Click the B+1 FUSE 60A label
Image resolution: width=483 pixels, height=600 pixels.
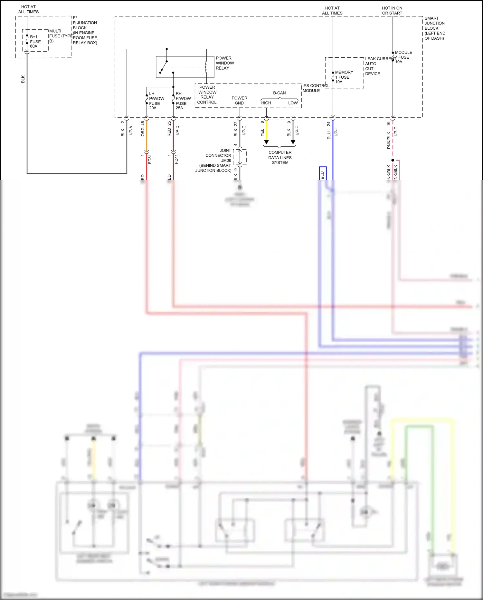35,42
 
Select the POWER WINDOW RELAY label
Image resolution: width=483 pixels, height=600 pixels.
225,63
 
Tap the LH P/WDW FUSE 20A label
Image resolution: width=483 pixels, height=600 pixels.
156,101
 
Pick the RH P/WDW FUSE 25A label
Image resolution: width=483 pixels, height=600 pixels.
183,101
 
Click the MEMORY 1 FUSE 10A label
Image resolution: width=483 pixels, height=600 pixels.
344,77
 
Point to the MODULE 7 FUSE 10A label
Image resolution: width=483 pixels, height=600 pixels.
403,57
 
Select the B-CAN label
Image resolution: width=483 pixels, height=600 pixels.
279,93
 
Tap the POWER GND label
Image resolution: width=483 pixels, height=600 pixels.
239,101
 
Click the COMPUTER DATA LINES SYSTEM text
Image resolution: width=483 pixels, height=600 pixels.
280,157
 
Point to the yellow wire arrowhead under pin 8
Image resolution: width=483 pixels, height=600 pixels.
266,142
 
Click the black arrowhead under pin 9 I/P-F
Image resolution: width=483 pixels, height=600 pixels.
293,142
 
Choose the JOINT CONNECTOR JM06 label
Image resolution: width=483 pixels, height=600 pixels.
218,155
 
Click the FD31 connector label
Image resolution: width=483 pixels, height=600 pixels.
150,159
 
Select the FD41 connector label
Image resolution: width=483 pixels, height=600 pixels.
176,159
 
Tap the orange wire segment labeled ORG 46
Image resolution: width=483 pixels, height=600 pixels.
147,135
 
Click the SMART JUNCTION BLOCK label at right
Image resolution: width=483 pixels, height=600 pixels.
434,28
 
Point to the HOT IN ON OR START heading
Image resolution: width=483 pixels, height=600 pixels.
392,11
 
